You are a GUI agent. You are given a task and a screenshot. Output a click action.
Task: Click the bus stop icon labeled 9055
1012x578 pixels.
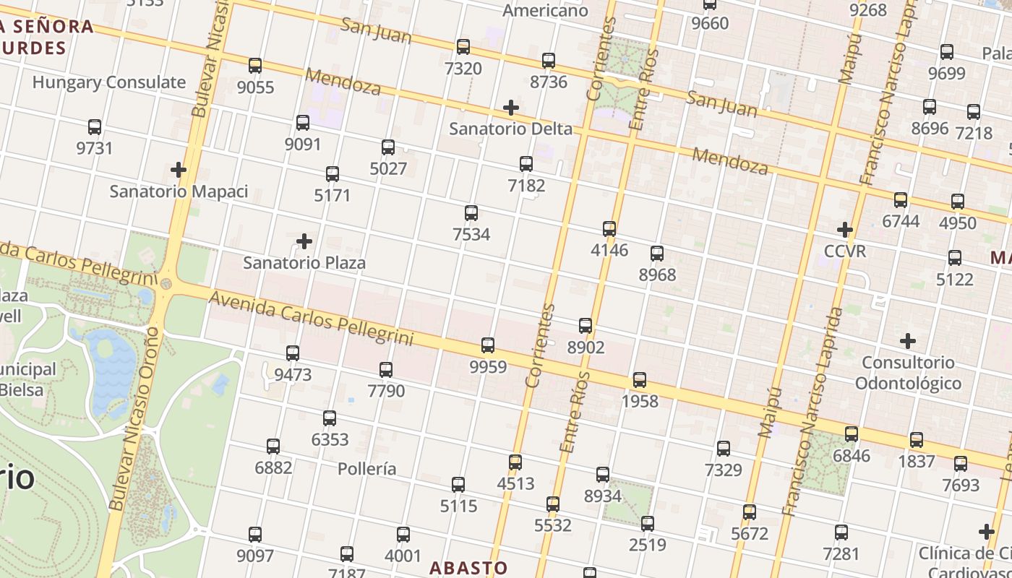click(x=255, y=66)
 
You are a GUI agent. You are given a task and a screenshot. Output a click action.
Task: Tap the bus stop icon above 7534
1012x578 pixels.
click(x=471, y=213)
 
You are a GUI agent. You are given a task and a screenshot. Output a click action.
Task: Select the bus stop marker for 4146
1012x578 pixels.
click(x=609, y=229)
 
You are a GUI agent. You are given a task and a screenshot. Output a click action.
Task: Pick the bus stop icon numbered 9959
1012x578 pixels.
click(x=488, y=345)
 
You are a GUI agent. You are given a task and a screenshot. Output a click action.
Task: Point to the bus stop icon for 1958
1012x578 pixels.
click(x=640, y=380)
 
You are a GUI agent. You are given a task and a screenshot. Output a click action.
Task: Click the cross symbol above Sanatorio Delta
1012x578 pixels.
click(x=511, y=108)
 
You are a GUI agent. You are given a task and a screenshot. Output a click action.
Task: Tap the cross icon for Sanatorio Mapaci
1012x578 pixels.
click(x=179, y=170)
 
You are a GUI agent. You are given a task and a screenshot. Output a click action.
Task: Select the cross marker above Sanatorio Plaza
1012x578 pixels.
click(x=304, y=241)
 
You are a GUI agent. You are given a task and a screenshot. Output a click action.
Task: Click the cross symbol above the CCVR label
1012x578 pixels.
click(x=845, y=230)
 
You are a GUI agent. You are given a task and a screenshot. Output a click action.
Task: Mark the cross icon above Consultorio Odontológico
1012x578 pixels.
click(x=908, y=340)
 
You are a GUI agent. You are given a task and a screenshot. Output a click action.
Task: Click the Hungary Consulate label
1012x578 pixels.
click(x=109, y=82)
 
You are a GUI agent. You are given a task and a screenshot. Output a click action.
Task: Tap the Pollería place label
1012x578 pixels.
click(x=367, y=469)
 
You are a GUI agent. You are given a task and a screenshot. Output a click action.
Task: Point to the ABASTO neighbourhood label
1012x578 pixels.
click(x=468, y=568)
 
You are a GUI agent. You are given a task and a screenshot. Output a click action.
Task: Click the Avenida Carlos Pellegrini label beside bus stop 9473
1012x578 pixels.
click(x=311, y=318)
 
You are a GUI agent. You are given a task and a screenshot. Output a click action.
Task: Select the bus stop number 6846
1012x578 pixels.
click(x=852, y=456)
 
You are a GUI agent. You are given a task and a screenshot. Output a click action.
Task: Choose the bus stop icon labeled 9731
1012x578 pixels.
click(x=95, y=127)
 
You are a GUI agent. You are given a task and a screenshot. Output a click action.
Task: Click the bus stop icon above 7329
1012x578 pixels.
click(x=724, y=449)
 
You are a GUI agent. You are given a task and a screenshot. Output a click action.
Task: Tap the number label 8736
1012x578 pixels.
click(x=549, y=82)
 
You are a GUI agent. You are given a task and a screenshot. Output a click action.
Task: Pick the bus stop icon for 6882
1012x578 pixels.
click(x=273, y=447)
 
